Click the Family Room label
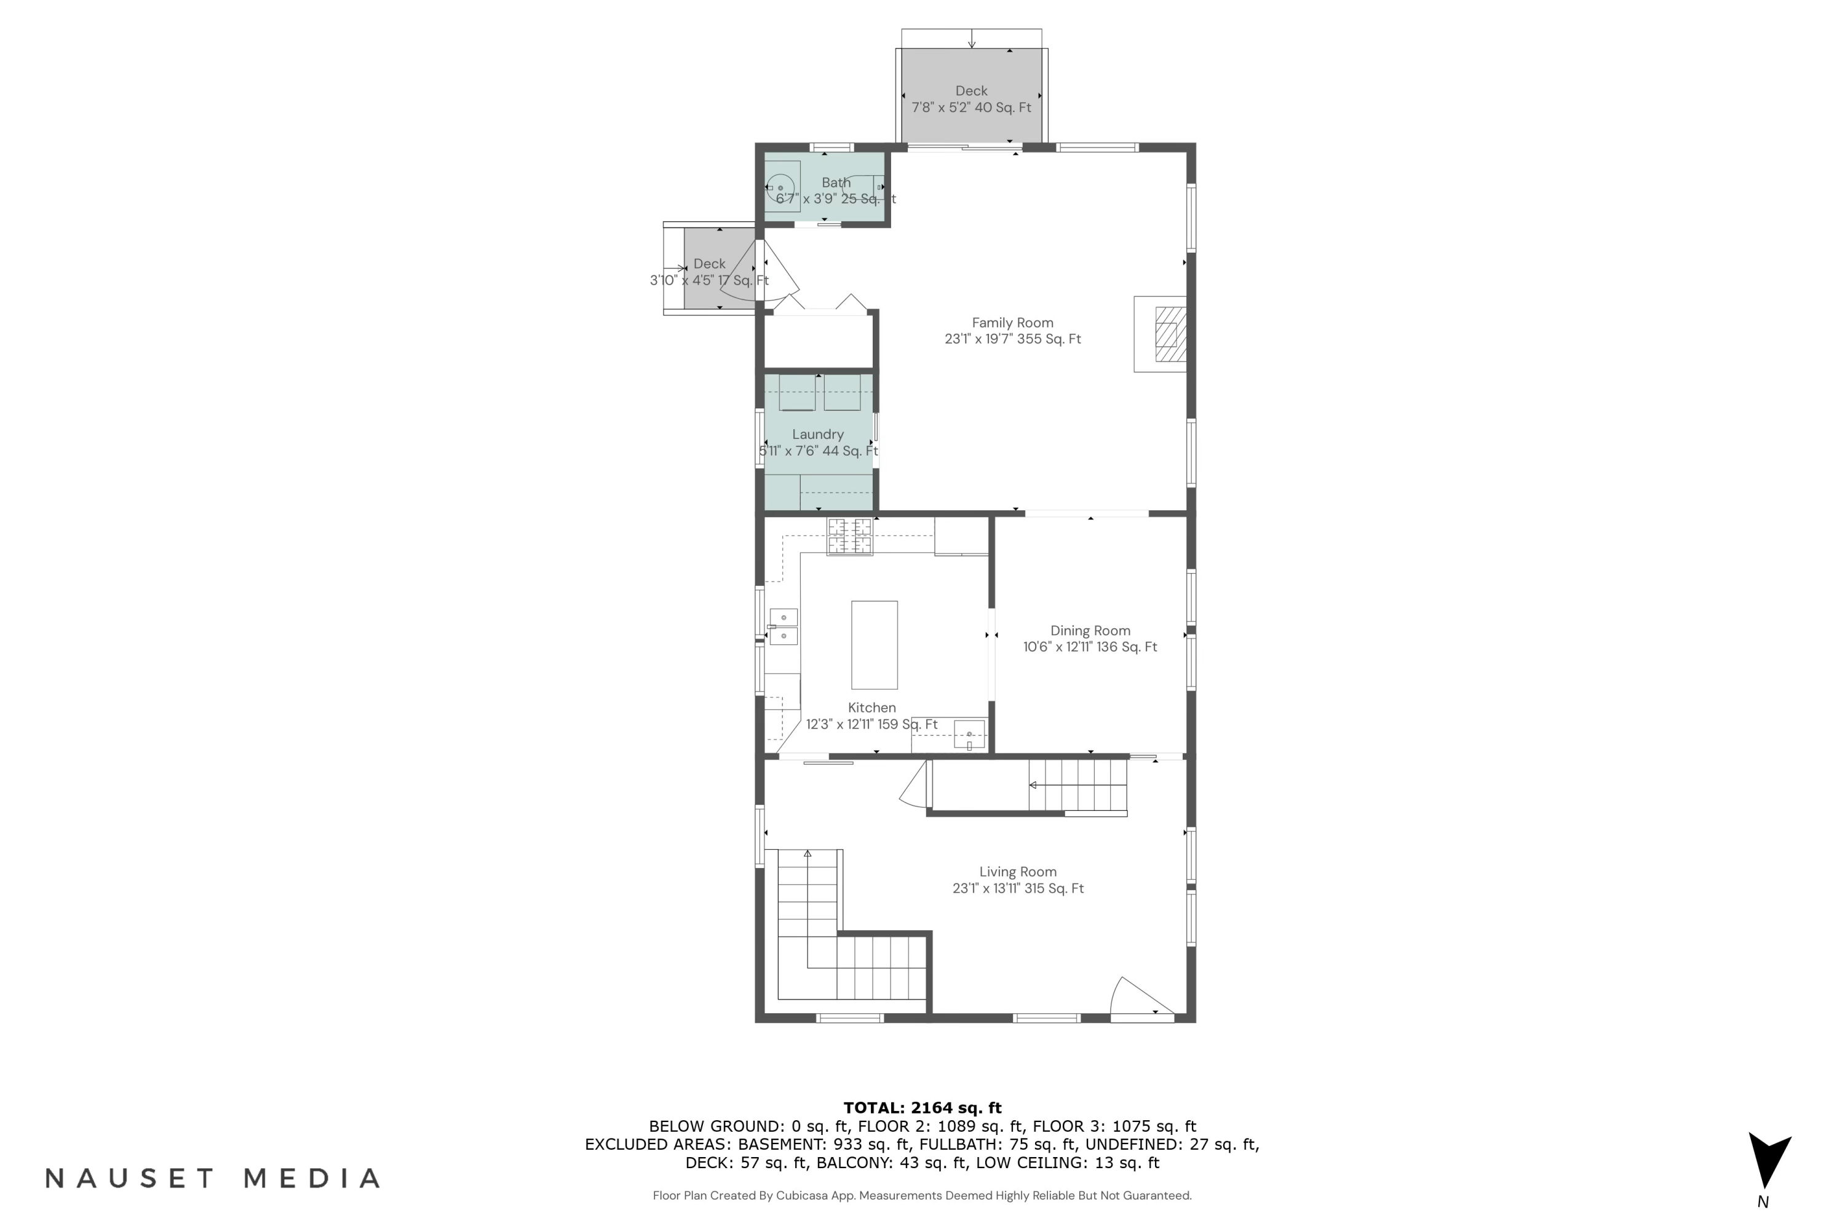1012,322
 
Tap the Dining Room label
1090,630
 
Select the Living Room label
1018,872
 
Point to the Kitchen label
872,707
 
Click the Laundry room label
818,434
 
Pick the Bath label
836,182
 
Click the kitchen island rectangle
875,645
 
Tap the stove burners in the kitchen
849,536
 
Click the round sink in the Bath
781,188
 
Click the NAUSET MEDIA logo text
213,1178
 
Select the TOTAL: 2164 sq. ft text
922,1107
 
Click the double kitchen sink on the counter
784,627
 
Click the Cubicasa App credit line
922,1195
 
